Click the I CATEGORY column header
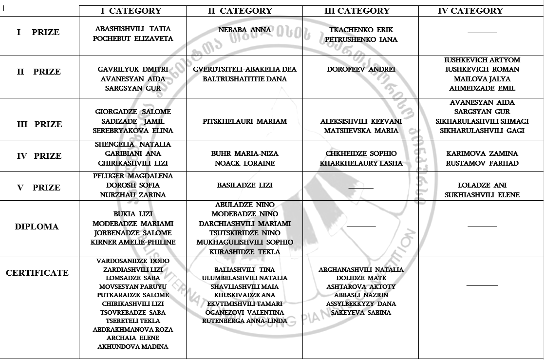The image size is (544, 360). [x=131, y=11]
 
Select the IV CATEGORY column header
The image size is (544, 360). [x=470, y=11]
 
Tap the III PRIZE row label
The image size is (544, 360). [x=39, y=124]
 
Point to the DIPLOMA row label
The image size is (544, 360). [x=37, y=227]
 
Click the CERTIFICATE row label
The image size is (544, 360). [x=37, y=273]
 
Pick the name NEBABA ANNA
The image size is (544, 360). [x=244, y=30]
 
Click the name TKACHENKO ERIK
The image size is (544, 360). [x=361, y=30]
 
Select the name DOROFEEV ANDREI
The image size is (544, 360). [x=361, y=69]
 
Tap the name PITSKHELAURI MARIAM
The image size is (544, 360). [x=244, y=121]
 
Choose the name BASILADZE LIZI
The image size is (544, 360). [x=244, y=185]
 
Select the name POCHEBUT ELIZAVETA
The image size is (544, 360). [x=133, y=38]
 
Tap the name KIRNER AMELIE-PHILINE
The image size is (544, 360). [x=133, y=242]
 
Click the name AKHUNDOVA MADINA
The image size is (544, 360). [x=133, y=346]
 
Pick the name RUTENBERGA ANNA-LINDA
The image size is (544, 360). [x=244, y=321]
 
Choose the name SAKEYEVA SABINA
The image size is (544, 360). [x=361, y=312]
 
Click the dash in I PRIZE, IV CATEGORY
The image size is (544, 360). [x=482, y=33]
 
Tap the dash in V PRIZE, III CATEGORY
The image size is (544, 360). [x=361, y=188]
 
